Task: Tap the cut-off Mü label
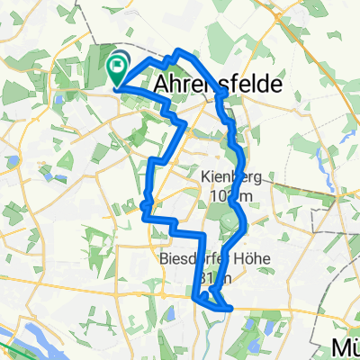343,348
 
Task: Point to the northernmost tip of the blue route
180,50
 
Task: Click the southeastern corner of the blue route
231,308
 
